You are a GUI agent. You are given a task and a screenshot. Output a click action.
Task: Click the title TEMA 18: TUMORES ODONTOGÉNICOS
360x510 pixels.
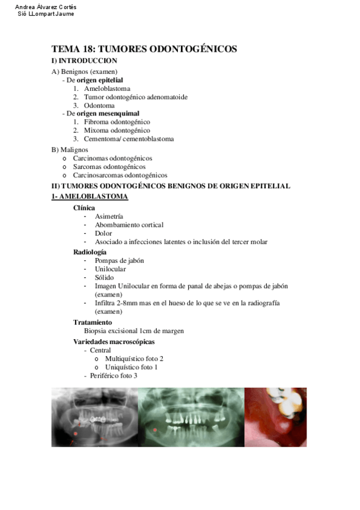point(144,49)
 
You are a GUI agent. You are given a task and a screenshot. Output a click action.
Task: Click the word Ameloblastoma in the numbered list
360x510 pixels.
point(107,88)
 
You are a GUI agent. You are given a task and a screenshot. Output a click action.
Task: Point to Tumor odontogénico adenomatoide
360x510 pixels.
point(135,97)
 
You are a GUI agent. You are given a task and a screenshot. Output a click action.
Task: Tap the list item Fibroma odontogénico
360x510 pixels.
point(117,121)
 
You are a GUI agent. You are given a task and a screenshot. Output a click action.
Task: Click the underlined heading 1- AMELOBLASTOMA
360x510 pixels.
point(89,197)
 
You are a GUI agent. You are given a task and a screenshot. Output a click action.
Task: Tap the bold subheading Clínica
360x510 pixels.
point(84,207)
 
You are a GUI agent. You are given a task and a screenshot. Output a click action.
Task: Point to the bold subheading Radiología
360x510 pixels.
point(90,251)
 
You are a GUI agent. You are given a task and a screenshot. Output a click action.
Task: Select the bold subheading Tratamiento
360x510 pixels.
point(93,322)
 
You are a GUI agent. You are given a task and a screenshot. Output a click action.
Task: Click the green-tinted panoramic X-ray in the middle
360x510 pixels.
point(191,417)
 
